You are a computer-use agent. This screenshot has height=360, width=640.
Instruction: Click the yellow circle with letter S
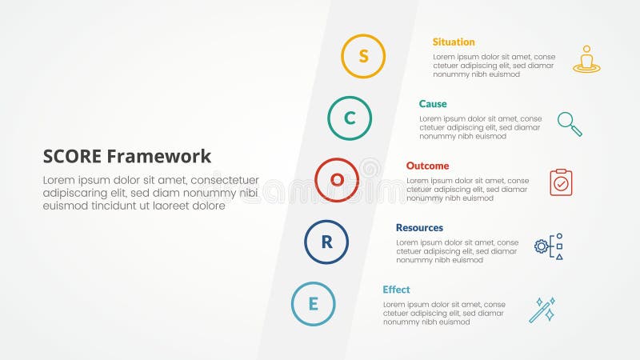point(363,56)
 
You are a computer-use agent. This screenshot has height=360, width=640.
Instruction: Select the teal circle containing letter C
point(350,118)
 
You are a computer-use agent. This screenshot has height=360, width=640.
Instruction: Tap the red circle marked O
point(337,180)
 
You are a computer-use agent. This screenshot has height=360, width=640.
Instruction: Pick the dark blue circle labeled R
point(326,242)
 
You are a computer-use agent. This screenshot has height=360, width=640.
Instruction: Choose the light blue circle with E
point(314,304)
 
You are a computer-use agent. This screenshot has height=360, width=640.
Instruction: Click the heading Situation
point(454,42)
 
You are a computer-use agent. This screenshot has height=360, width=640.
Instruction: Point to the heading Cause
point(433,104)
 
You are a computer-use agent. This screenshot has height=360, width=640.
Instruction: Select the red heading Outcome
point(427,166)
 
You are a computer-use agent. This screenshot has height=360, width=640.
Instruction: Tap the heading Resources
point(419,228)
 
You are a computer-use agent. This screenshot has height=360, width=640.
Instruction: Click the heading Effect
point(396,290)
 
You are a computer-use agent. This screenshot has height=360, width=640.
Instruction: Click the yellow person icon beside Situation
point(586,59)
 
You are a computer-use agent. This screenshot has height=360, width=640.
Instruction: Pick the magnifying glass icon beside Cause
point(570,123)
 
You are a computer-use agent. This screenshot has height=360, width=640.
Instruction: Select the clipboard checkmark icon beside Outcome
point(561,182)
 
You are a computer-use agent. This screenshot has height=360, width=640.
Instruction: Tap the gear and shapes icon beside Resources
point(549,246)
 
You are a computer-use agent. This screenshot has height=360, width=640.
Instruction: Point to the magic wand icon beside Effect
point(542,310)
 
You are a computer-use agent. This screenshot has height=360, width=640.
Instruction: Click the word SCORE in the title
point(72,156)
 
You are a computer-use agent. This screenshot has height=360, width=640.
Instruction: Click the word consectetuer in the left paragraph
point(223,180)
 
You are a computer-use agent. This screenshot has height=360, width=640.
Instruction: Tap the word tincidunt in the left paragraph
point(124,206)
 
